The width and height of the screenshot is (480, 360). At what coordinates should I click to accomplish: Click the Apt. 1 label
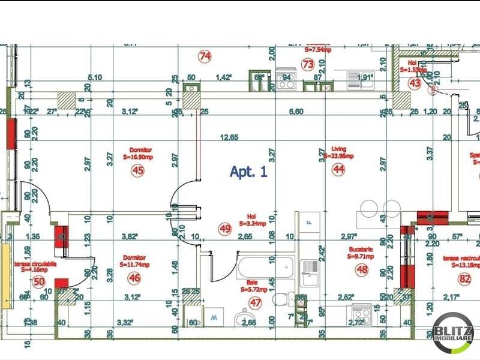point(248,172)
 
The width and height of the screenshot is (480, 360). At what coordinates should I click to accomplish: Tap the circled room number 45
point(138,170)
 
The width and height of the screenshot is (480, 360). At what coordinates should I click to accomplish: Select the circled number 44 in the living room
point(339,170)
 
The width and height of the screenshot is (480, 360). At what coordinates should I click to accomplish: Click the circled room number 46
point(134,278)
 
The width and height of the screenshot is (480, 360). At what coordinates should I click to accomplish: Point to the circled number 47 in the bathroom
point(256,302)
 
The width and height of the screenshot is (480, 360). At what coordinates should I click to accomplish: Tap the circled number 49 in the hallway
point(225,228)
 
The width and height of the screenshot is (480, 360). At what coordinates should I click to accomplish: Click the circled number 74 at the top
point(205,56)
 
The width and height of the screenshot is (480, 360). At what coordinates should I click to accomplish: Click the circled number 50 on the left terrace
point(39,281)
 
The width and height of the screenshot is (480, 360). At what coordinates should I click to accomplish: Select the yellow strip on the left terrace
point(5,276)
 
